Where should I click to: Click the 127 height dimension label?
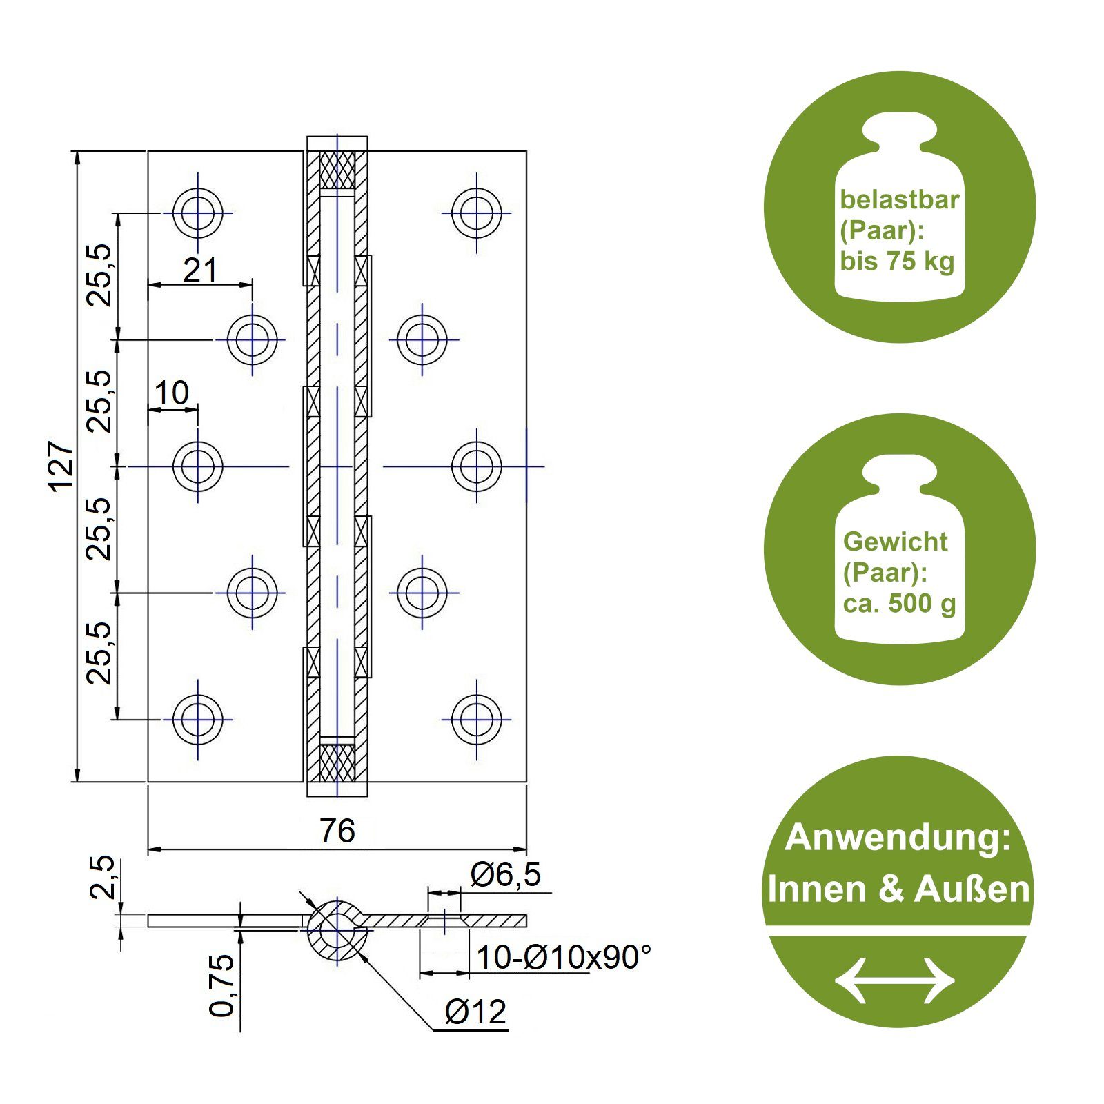62,466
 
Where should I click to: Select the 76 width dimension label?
337,831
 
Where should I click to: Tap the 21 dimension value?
200,270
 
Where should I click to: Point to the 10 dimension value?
171,393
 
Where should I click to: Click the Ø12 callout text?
475,1012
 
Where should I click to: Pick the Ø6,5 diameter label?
506,875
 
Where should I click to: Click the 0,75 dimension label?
221,985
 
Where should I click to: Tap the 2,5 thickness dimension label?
102,877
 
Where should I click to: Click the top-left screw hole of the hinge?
198,213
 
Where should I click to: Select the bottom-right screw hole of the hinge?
477,719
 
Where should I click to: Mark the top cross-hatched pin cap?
337,170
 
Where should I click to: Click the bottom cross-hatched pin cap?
337,762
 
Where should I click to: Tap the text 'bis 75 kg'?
897,262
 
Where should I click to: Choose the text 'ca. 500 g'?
899,604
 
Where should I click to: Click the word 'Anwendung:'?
898,838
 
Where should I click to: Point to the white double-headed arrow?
895,980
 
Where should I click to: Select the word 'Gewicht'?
895,542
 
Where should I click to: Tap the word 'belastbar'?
899,199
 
